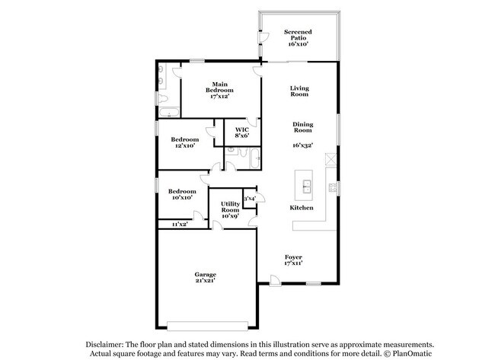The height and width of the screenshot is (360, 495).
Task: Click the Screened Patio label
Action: (x=298, y=38)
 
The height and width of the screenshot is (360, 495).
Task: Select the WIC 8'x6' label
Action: (x=241, y=133)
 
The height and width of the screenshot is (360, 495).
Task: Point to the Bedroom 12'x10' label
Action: (x=184, y=142)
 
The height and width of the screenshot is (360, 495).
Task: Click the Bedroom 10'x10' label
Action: (x=182, y=194)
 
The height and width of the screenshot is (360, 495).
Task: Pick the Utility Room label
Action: (x=231, y=210)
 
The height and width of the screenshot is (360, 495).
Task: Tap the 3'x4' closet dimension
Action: (x=250, y=198)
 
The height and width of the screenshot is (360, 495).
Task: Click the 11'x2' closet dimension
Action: (x=180, y=224)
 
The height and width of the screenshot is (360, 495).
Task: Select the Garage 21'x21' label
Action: (x=205, y=277)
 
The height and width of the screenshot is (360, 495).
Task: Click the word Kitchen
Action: (x=301, y=207)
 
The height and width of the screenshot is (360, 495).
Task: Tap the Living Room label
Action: (x=299, y=91)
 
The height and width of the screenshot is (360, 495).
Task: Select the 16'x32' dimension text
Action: (x=303, y=145)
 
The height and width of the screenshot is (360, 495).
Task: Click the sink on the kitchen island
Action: (x=307, y=185)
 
